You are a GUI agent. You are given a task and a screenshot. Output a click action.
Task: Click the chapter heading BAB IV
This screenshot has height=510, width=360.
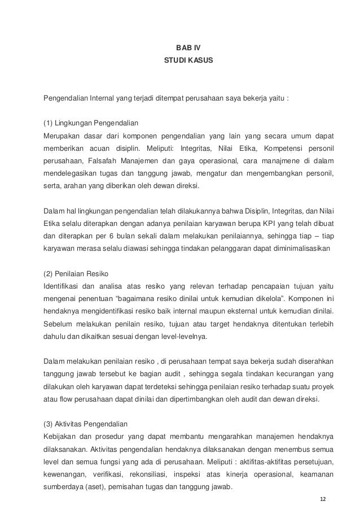(180, 47)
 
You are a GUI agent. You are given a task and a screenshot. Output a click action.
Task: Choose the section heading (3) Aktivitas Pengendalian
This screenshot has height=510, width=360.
(87, 424)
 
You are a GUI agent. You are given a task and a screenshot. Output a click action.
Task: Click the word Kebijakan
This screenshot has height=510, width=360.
(60, 437)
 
